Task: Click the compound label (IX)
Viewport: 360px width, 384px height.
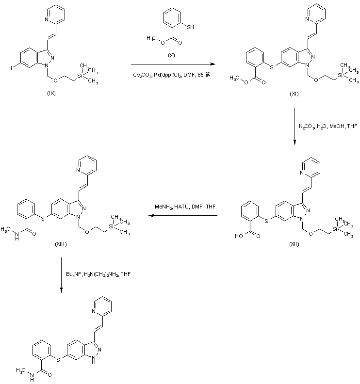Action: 51,94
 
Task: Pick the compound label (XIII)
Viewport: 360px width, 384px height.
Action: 61,244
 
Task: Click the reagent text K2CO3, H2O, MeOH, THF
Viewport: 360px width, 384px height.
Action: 327,126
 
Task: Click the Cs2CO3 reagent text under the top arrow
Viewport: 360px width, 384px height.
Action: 172,75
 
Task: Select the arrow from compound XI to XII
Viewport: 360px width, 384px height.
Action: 295,126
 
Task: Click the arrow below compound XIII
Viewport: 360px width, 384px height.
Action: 62,274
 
